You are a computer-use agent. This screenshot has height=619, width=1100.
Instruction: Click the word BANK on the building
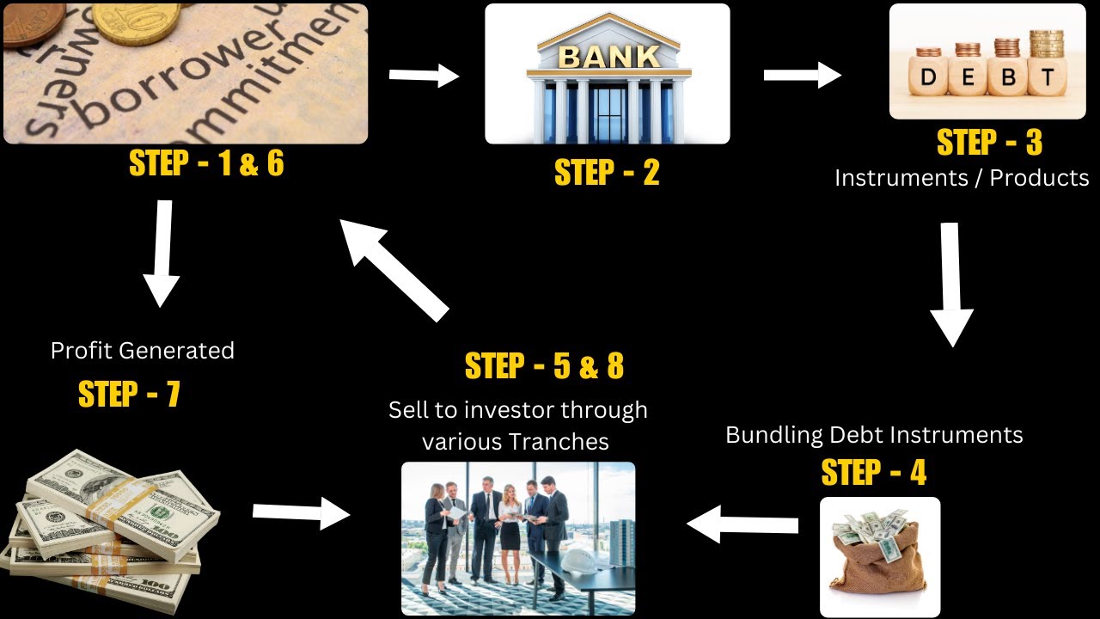(x=608, y=56)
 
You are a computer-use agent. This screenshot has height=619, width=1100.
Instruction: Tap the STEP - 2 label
(x=607, y=173)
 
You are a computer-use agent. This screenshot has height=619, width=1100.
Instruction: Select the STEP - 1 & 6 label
(x=206, y=163)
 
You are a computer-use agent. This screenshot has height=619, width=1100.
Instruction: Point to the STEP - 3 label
(x=989, y=143)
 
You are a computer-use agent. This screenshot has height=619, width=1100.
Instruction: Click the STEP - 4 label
(x=874, y=473)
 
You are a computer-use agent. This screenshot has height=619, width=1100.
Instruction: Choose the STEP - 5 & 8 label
(x=544, y=366)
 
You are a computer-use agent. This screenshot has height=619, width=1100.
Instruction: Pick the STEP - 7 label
(x=129, y=394)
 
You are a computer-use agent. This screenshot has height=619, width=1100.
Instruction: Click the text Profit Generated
(x=143, y=351)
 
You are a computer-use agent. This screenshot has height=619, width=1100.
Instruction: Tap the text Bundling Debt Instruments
(x=874, y=435)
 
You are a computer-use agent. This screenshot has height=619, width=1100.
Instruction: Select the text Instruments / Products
(x=962, y=178)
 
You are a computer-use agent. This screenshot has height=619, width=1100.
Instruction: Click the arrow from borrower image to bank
(x=424, y=76)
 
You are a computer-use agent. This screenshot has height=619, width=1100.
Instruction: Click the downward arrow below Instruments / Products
(x=951, y=285)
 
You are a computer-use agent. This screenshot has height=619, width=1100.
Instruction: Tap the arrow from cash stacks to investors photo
(x=302, y=513)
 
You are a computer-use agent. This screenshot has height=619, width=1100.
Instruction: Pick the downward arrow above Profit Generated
(x=162, y=254)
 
